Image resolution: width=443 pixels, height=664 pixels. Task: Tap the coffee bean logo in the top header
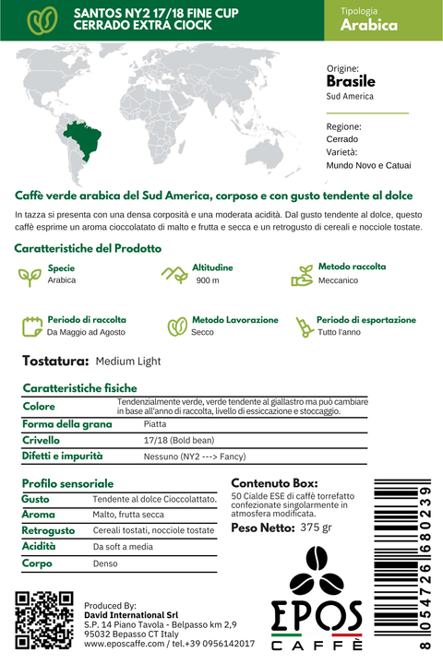pyautogui.click(x=40, y=20)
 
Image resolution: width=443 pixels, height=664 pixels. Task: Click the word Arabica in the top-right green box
pyautogui.click(x=368, y=26)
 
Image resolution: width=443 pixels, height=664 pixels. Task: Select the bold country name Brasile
pyautogui.click(x=352, y=81)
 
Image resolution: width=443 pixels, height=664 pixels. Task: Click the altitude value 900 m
pyautogui.click(x=208, y=280)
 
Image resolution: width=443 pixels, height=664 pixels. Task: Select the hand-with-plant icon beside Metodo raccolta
pyautogui.click(x=302, y=274)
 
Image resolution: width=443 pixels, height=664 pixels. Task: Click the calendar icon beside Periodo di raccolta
pyautogui.click(x=31, y=326)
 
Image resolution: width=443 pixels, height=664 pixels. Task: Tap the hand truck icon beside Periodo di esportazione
pyautogui.click(x=301, y=326)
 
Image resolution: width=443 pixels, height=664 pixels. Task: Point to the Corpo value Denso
pyautogui.click(x=105, y=563)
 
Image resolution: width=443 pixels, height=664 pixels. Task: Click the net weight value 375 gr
pyautogui.click(x=316, y=528)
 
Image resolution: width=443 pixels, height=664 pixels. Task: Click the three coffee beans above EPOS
pyautogui.click(x=316, y=573)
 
